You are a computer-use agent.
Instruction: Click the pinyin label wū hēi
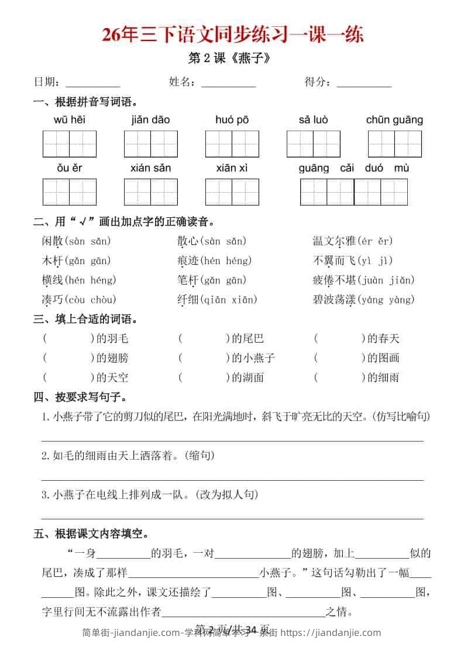pos(69,120)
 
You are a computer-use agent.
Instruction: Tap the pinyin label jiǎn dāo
pos(150,120)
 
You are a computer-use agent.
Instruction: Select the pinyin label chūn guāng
pos(394,120)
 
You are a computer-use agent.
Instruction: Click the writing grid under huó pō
pos(232,143)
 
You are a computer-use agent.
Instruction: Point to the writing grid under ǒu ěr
pos(69,191)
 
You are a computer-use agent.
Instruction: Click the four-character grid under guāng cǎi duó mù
pos(353,191)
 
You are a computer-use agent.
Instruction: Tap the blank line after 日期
pos(92,83)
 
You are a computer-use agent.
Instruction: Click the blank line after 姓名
pos(228,83)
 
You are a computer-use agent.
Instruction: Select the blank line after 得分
pos(364,83)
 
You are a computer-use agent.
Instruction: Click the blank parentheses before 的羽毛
pos(68,338)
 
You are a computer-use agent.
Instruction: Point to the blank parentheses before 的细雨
pos(339,377)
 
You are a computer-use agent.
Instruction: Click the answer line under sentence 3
pos(232,518)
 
